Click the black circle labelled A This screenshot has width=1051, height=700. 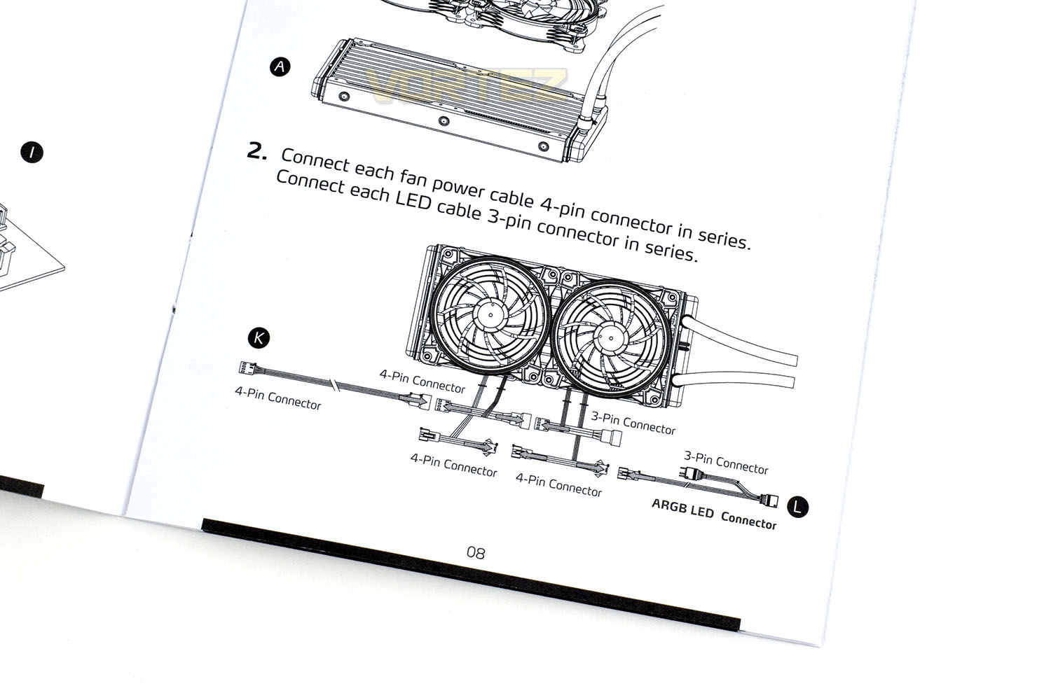[x=280, y=66]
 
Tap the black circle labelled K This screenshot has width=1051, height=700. [x=259, y=337]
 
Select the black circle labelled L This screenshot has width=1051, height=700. [x=797, y=507]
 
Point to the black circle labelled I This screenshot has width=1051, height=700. [x=32, y=153]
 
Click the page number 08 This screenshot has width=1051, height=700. [x=476, y=553]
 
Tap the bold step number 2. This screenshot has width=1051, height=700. [x=256, y=151]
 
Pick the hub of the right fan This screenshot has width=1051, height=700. [x=610, y=338]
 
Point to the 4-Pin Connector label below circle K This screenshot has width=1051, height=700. [x=278, y=398]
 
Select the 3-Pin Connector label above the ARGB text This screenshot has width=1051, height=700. [x=726, y=462]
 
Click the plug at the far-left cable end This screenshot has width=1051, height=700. [x=248, y=367]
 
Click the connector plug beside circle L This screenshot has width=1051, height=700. [x=769, y=500]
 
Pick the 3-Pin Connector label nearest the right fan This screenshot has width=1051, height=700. [x=633, y=423]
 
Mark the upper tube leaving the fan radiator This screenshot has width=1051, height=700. [x=739, y=340]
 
